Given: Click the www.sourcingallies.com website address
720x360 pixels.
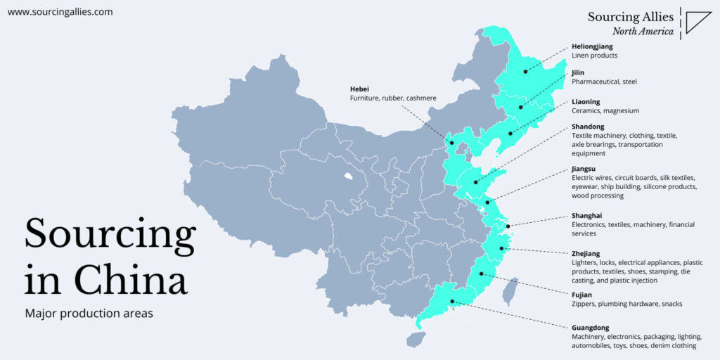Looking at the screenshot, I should click(60, 12).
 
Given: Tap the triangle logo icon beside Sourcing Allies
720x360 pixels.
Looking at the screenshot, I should click(697, 22).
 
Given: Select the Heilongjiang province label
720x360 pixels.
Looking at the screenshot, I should click(592, 46).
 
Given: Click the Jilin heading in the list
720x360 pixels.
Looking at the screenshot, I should click(578, 72).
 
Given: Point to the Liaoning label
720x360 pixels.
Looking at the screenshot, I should click(586, 102).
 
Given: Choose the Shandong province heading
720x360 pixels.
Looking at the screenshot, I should click(589, 127).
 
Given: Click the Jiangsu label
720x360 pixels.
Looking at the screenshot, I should click(584, 169).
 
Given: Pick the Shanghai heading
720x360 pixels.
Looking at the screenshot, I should click(587, 216).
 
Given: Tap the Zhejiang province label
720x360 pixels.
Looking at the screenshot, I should click(586, 253).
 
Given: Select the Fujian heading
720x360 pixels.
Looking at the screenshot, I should click(581, 295).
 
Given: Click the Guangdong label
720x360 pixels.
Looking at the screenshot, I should click(591, 328).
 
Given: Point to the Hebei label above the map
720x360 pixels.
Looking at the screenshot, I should click(359, 89).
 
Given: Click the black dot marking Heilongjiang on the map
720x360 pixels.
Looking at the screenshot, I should click(525, 72).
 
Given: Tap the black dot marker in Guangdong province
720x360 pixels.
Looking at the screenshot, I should click(452, 302).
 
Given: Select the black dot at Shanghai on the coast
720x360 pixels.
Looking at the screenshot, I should click(508, 225).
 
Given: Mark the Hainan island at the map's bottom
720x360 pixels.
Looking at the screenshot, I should click(416, 339).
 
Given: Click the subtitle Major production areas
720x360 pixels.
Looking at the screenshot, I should click(89, 314).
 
